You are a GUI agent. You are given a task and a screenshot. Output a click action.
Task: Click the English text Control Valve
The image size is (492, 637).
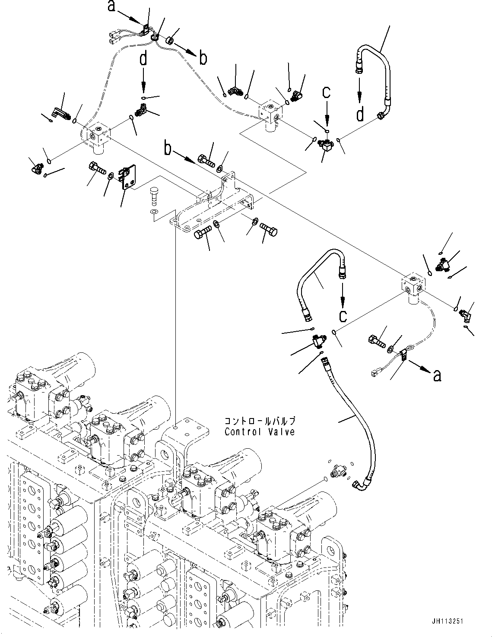(x=260, y=431)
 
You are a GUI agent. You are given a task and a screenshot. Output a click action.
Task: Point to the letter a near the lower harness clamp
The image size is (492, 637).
(x=437, y=376)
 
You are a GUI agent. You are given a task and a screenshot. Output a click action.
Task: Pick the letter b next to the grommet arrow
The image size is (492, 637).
(x=203, y=58)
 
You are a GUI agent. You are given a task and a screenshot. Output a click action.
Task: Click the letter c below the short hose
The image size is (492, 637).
(x=342, y=316)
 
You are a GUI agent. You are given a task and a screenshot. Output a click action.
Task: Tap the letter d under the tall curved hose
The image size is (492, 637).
(x=360, y=115)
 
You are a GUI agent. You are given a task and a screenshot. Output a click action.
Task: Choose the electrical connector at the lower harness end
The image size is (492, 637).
(x=374, y=374)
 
